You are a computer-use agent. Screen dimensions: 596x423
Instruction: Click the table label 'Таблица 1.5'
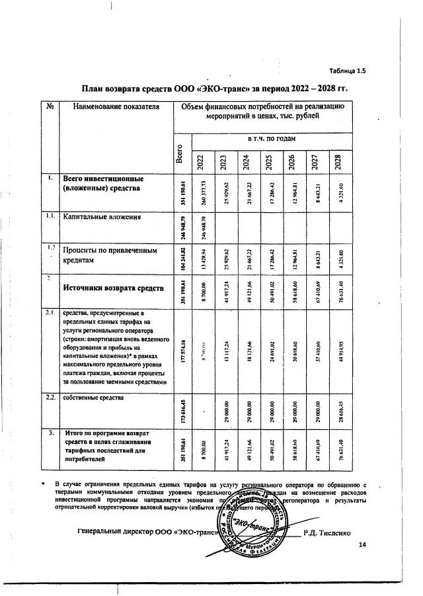tap(348, 71)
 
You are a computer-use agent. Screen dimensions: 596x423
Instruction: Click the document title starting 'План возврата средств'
tap(214, 89)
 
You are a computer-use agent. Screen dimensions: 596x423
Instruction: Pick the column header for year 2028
tap(337, 161)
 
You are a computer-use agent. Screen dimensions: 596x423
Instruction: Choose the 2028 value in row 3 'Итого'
tap(338, 447)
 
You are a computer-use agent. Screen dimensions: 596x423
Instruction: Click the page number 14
tap(362, 544)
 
